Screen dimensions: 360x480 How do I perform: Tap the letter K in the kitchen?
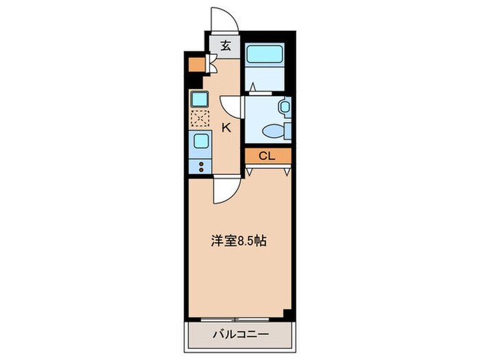point(226,127)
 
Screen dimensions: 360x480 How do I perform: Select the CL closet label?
point(267,156)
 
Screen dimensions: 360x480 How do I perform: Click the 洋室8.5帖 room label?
point(238,241)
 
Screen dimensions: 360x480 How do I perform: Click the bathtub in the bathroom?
point(265,56)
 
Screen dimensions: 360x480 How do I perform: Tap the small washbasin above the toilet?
point(285,107)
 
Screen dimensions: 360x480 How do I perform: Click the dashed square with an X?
point(200,118)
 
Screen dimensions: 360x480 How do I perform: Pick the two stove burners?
point(201,165)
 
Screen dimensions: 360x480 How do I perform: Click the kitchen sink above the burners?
point(201,142)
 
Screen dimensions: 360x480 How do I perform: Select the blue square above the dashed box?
point(200,99)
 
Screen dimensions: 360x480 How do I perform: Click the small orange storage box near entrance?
point(195,66)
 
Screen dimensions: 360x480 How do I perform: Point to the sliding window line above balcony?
point(237,318)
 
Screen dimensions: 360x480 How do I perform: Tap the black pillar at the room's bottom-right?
point(288,313)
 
